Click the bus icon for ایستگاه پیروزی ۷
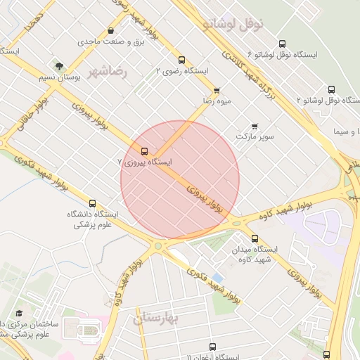pyautogui.click(x=145, y=151)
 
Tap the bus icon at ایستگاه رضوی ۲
pyautogui.click(x=182, y=60)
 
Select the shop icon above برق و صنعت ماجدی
pyautogui.click(x=112, y=31)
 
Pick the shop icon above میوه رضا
pyautogui.click(x=216, y=90)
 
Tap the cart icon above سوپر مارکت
pyautogui.click(x=255, y=126)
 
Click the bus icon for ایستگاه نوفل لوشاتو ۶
pyautogui.click(x=283, y=44)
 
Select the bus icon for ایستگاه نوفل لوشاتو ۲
pyautogui.click(x=330, y=89)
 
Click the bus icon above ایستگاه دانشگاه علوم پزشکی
pyautogui.click(x=93, y=203)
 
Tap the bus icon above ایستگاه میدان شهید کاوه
pyautogui.click(x=254, y=238)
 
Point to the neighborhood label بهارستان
pyautogui.click(x=157, y=319)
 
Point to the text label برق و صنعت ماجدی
pyautogui.click(x=105, y=42)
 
